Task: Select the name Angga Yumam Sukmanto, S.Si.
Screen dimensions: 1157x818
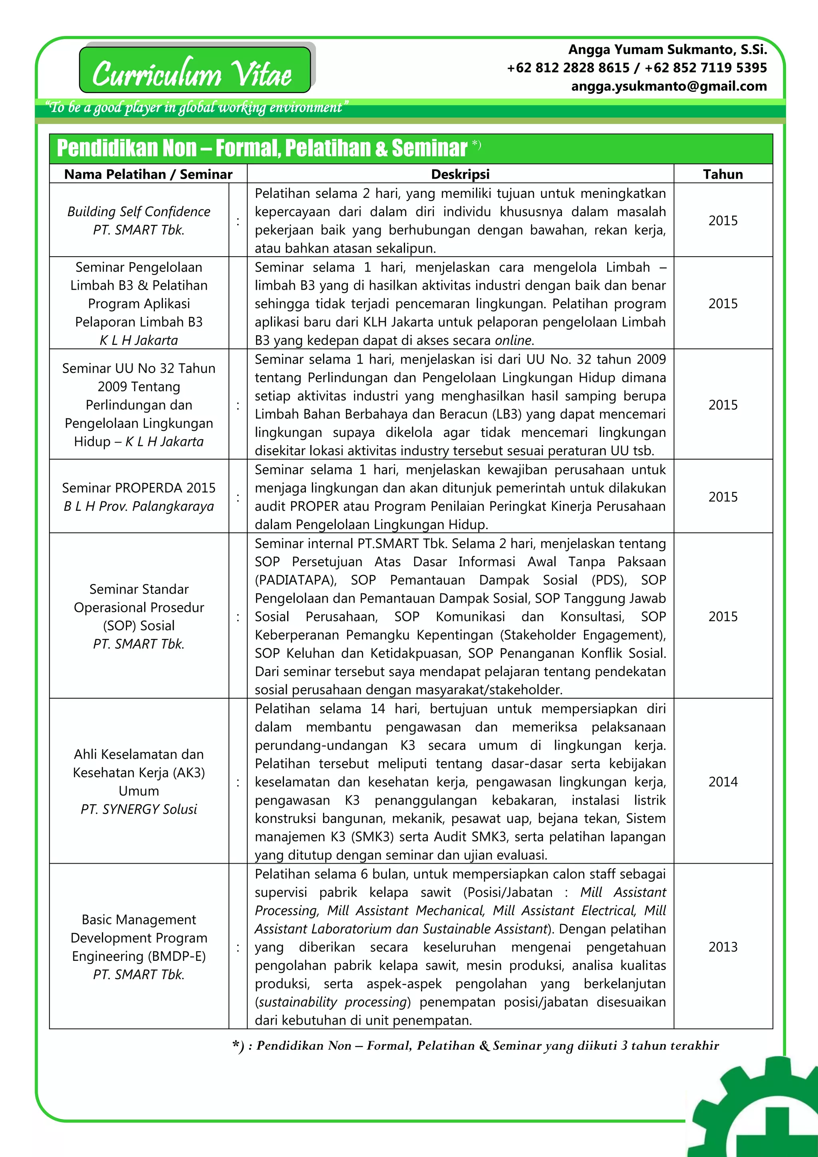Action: point(667,50)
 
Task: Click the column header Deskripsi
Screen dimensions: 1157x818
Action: point(460,174)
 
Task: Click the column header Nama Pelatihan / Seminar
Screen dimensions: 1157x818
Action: point(148,174)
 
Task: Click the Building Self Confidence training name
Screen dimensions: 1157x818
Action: point(139,212)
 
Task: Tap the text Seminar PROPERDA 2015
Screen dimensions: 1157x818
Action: point(139,488)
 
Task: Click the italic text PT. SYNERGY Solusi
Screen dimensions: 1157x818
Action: point(139,809)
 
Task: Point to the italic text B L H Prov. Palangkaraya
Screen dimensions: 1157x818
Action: point(139,506)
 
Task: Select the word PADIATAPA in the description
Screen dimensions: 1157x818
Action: point(295,580)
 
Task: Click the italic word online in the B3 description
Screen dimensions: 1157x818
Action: point(513,340)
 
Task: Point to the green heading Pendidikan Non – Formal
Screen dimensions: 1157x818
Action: point(262,148)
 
